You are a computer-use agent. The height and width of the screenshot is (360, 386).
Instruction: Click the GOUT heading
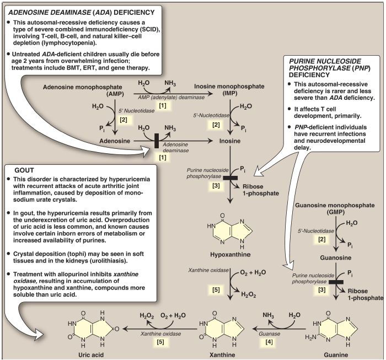(24, 170)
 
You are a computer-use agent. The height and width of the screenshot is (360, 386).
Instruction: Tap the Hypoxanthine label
(230, 255)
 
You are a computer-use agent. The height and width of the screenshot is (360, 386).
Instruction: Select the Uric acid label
(91, 354)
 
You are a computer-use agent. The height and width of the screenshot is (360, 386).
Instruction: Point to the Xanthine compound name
(222, 354)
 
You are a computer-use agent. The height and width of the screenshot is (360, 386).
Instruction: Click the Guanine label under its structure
(336, 354)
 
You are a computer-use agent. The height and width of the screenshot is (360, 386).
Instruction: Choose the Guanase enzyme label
(269, 334)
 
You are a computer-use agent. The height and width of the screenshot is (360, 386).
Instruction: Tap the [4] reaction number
(269, 342)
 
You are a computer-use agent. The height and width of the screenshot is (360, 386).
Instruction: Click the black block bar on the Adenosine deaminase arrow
(156, 141)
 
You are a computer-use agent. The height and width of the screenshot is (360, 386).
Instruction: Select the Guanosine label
(335, 257)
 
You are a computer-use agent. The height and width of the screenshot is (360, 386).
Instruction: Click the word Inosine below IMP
(230, 141)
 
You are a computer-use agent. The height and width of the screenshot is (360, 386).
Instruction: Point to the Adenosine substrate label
(115, 141)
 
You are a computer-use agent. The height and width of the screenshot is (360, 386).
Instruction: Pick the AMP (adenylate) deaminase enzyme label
(171, 98)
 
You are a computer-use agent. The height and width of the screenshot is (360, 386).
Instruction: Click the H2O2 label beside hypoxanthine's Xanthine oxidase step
(248, 294)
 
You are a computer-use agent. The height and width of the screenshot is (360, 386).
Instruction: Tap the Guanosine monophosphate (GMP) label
(335, 208)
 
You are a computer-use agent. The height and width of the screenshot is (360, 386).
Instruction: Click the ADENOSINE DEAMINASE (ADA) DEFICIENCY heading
(82, 12)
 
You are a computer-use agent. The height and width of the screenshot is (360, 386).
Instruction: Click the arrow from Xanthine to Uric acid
(160, 329)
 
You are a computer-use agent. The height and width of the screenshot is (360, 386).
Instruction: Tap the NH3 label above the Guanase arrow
(268, 315)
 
